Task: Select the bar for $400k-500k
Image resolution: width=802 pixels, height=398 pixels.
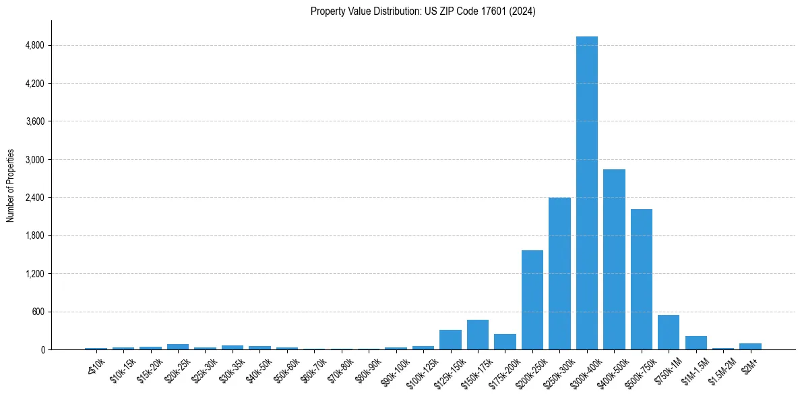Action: click(614, 260)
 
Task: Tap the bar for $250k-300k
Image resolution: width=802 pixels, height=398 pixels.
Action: click(559, 274)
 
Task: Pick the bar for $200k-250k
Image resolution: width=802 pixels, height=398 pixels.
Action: click(532, 300)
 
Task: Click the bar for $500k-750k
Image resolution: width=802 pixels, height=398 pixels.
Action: click(642, 279)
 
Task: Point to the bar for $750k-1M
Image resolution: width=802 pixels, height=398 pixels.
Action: click(669, 333)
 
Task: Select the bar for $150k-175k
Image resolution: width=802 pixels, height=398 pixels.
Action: click(478, 335)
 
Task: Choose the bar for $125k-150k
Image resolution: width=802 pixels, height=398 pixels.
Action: click(450, 340)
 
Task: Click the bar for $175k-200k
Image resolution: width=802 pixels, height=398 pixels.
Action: click(505, 342)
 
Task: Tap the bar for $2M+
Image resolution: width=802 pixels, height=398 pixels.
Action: click(750, 346)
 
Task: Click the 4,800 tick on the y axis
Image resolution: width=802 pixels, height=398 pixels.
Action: click(34, 45)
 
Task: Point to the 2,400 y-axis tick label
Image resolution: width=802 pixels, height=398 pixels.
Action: click(34, 198)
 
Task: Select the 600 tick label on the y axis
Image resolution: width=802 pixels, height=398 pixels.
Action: click(37, 312)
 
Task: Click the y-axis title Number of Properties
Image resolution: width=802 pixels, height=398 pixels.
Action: click(11, 185)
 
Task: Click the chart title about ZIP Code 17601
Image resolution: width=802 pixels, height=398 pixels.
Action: click(423, 11)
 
